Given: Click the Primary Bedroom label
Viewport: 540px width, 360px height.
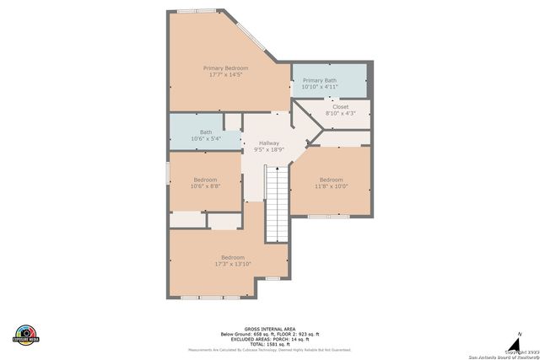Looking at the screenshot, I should (x=225, y=67).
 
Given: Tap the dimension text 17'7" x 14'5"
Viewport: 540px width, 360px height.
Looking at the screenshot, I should (x=225, y=75).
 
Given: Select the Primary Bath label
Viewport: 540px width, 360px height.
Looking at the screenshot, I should (x=320, y=81).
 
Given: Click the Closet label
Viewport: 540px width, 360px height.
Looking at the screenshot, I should (x=340, y=107).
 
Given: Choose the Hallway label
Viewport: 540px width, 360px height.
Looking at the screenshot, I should (x=269, y=143).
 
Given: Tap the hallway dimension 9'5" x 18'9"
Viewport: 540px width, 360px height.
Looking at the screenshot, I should (x=269, y=150).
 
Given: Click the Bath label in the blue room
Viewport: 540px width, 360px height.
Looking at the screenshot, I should (x=206, y=132).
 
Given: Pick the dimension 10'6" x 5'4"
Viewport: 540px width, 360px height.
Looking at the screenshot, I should (x=206, y=138).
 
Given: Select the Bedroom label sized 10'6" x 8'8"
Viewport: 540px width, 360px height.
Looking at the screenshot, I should (x=206, y=180).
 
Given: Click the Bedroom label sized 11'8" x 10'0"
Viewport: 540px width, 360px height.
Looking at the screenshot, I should (x=331, y=180).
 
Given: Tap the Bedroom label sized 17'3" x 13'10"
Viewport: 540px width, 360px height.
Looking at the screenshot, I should (x=233, y=257).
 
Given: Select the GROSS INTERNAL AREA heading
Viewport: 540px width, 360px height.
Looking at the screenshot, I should (x=269, y=328).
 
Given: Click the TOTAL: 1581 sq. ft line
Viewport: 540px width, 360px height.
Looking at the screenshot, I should (x=269, y=343).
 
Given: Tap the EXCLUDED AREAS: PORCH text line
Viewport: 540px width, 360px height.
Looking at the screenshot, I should (x=269, y=338).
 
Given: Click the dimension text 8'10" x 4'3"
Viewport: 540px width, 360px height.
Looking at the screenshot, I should (x=340, y=114).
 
